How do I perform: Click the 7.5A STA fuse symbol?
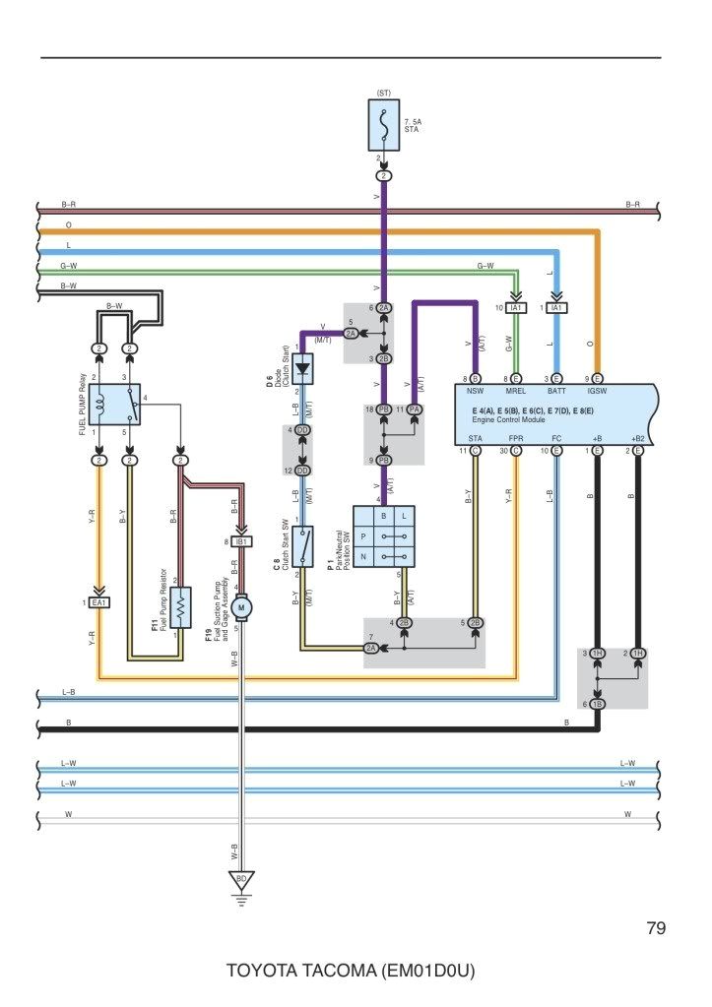coord(384,125)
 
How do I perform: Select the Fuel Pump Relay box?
coord(114,405)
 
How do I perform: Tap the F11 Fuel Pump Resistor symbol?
coord(180,607)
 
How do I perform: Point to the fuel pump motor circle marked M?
coord(242,608)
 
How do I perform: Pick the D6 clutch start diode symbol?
coord(304,369)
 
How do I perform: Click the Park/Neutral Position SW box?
coord(384,535)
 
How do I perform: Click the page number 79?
coord(657,928)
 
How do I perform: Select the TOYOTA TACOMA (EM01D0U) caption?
coord(352,971)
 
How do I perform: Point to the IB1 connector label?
coord(241,541)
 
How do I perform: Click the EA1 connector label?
coord(98,602)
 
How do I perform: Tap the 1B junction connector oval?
coord(598,704)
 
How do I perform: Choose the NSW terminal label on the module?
coord(475,391)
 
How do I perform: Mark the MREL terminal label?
coord(516,391)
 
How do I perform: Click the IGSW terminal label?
coord(597,391)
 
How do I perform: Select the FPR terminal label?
coord(516,438)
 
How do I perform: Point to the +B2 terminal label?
coord(637,438)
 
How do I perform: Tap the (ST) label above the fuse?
coord(384,93)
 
